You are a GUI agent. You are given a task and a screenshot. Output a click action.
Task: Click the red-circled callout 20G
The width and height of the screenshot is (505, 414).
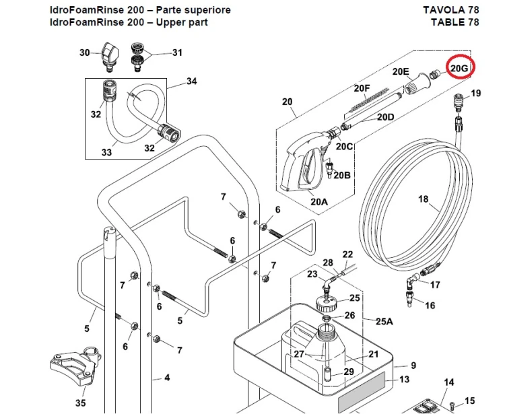tap(459, 67)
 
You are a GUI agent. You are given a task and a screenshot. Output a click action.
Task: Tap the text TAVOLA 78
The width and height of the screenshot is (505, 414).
tap(451, 9)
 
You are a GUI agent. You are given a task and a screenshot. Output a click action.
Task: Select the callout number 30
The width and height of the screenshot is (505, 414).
tap(84, 53)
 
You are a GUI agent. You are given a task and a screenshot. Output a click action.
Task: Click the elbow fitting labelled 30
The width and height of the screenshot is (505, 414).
tap(109, 57)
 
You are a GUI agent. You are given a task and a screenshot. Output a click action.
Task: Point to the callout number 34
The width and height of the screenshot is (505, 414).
tap(191, 81)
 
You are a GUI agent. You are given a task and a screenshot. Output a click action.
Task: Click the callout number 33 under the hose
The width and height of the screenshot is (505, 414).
tap(106, 152)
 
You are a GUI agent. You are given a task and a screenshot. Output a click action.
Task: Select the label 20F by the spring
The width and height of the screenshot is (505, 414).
tap(362, 88)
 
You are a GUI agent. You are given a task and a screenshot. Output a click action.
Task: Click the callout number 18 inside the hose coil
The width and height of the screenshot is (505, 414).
tap(424, 199)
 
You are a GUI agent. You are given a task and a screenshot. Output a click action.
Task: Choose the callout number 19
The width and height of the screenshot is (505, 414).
tap(475, 93)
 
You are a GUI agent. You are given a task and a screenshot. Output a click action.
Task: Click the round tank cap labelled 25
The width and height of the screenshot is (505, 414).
tap(326, 303)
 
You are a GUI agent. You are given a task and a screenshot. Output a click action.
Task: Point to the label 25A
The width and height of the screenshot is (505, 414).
tap(384, 321)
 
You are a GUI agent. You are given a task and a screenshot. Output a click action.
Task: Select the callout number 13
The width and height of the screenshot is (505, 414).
tap(404, 379)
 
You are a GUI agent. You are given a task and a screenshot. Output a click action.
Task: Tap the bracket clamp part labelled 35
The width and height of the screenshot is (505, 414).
tap(76, 366)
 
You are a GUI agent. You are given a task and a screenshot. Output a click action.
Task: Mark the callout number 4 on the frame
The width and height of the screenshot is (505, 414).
tap(167, 377)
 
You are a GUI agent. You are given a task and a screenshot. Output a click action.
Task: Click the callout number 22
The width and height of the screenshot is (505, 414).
tap(347, 254)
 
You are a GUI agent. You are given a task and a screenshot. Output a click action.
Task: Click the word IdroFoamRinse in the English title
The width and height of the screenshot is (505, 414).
tap(87, 22)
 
